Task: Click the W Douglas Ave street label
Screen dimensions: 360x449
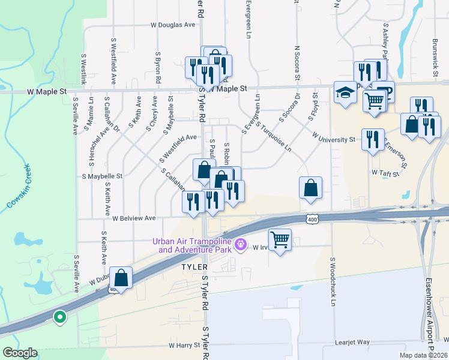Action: [173, 25]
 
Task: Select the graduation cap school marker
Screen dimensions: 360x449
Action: [345, 93]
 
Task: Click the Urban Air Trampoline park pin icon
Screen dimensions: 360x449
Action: [241, 244]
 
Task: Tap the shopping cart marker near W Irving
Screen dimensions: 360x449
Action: [280, 240]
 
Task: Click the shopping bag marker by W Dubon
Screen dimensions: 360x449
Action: [121, 278]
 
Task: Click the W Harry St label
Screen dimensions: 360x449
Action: [184, 346]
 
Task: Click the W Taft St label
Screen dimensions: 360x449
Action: [385, 172]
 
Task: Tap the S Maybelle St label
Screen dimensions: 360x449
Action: [102, 176]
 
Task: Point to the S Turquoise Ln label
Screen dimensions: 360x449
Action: [273, 137]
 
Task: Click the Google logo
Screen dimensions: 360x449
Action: [19, 353]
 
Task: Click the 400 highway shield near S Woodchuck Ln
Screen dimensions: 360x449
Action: [311, 220]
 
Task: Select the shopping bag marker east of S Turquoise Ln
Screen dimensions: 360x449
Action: [310, 188]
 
